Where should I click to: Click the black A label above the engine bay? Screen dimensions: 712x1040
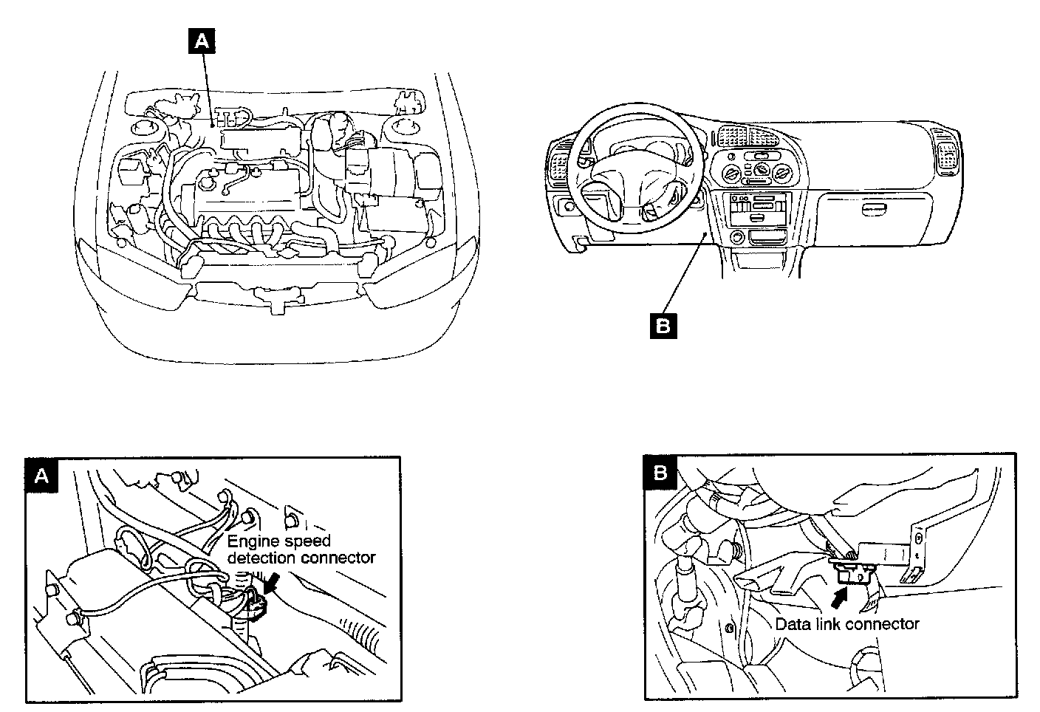pos(202,41)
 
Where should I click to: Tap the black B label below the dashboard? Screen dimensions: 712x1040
pos(663,326)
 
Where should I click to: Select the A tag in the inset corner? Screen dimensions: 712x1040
pos(41,476)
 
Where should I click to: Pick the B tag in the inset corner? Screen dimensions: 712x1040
pos(660,473)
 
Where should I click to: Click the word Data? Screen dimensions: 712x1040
pos(790,624)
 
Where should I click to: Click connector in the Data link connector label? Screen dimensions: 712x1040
pos(883,624)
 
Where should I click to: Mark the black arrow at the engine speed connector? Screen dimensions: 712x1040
pos(270,583)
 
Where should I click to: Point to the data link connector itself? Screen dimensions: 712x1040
pos(855,570)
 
